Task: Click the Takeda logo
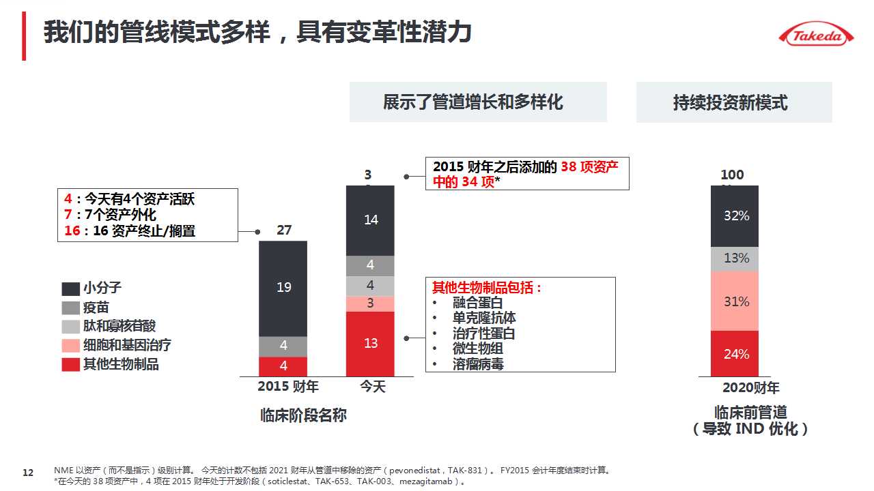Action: point(816,35)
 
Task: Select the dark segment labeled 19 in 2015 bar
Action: point(283,288)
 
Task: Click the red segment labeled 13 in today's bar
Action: point(370,344)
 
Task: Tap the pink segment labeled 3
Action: point(370,303)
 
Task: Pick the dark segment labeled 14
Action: point(370,220)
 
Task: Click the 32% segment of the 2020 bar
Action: point(735,216)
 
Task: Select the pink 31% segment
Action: point(735,301)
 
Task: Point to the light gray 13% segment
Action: point(735,258)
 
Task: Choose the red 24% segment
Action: point(735,354)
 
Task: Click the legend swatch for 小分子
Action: point(71,288)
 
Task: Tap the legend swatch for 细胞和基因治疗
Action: point(71,346)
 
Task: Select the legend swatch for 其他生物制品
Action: point(71,365)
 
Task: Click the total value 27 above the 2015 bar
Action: point(284,230)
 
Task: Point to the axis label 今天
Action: point(373,387)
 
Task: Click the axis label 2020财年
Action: point(750,388)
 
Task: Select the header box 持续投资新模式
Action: point(734,102)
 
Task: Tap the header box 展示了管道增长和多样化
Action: point(478,102)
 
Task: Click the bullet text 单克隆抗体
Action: point(484,318)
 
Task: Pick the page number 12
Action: point(28,473)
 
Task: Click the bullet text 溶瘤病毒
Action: point(478,364)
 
